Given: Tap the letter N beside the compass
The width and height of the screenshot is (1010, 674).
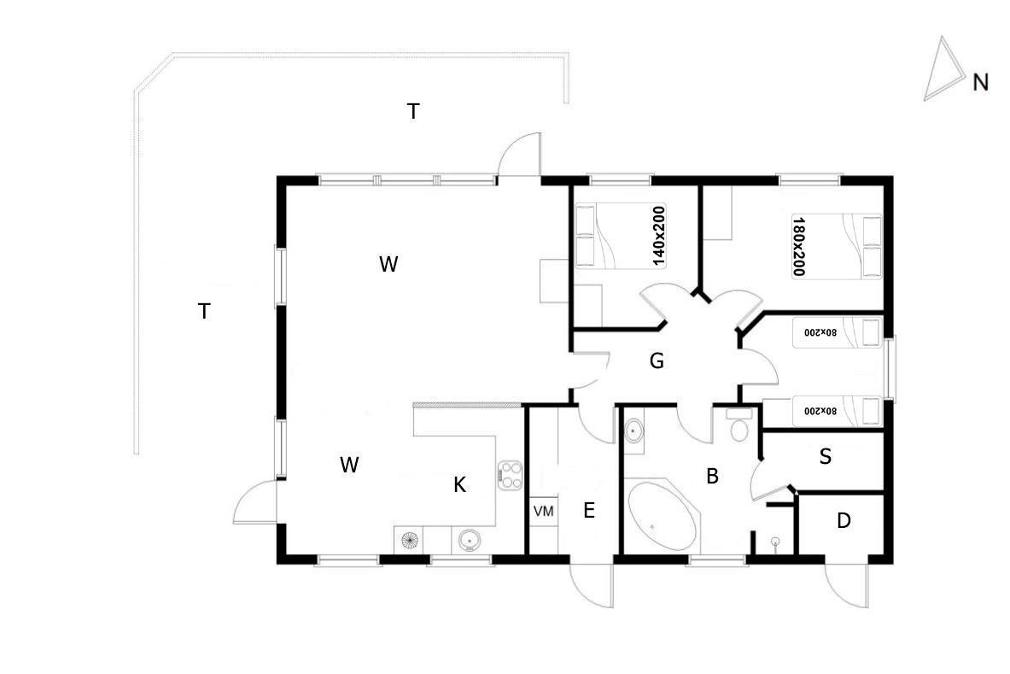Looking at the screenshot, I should [980, 82].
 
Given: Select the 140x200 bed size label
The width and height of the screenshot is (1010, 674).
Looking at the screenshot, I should [659, 236].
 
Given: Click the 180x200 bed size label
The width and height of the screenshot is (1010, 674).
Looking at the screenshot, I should [799, 245].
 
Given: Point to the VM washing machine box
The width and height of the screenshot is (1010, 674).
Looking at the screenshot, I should [543, 511].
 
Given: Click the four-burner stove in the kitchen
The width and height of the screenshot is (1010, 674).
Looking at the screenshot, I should [510, 475].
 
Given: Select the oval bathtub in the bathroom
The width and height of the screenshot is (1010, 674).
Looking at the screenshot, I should [663, 517].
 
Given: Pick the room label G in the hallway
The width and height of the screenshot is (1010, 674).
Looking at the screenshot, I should [657, 361].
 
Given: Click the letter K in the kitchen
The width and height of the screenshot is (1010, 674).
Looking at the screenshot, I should [459, 485].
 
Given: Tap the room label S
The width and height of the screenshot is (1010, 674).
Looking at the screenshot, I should [825, 457].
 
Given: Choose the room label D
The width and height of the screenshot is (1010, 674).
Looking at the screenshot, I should [844, 520].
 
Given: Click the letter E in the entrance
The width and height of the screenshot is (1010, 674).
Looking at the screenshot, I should [588, 511].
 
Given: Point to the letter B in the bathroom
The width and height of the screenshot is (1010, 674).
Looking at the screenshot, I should [712, 477].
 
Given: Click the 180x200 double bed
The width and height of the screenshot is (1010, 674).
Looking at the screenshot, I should [837, 245].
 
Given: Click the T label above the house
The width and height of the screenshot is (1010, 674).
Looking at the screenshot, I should [413, 111].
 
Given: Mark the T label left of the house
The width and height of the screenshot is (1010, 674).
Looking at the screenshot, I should [204, 312].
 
